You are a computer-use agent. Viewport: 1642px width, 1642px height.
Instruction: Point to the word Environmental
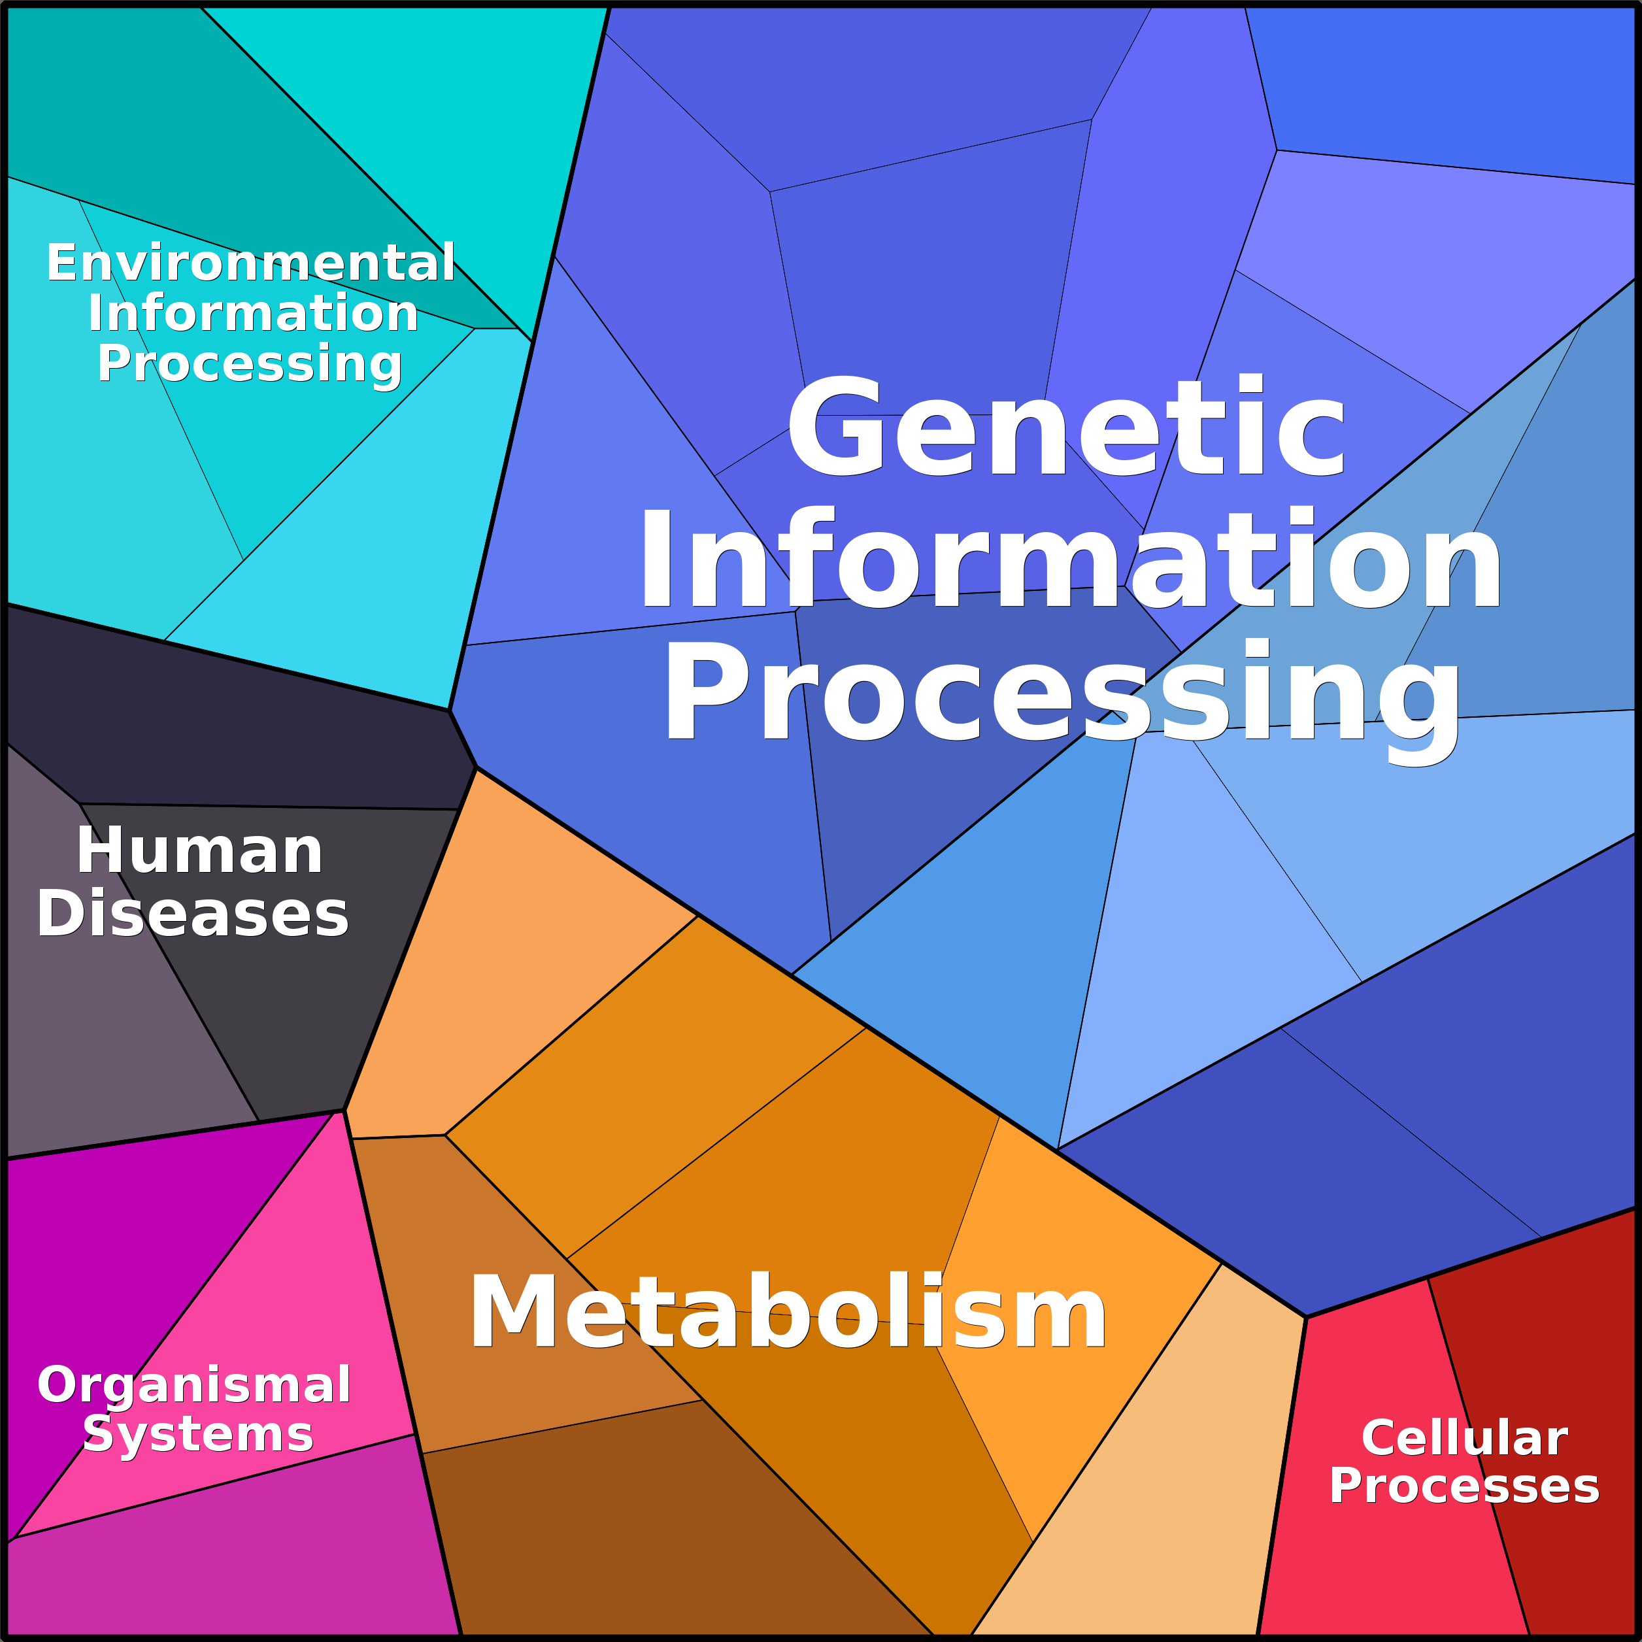(251, 263)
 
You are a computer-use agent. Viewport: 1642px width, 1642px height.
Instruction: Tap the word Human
(200, 851)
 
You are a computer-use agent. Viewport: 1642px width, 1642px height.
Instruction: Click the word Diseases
(192, 914)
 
